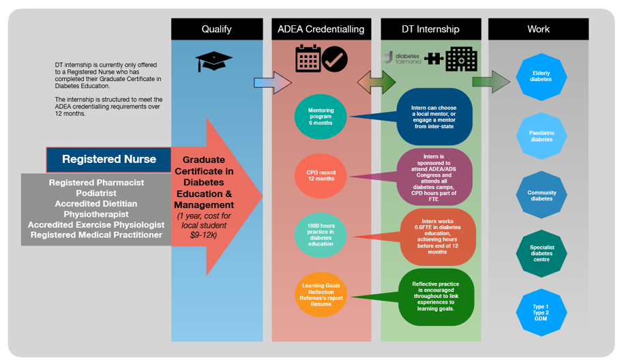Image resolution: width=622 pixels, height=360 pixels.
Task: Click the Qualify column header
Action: pos(216,29)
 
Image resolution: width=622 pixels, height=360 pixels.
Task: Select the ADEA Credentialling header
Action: pos(321,29)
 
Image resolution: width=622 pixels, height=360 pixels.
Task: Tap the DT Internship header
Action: pos(430,29)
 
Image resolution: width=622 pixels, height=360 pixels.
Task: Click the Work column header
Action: pos(538,29)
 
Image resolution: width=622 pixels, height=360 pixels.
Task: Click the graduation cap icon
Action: pos(214,61)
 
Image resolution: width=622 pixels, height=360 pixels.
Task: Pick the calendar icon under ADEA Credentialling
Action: pos(308,59)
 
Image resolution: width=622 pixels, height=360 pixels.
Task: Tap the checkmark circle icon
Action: pos(335,59)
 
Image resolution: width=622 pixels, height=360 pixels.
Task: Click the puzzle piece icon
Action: pos(433,59)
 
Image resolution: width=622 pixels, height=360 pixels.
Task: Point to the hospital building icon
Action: pos(461,59)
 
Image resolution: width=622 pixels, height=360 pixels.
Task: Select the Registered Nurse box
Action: pos(109,160)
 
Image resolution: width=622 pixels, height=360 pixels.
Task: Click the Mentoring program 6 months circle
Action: pos(321,117)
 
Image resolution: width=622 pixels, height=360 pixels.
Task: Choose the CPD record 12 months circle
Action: pos(321,176)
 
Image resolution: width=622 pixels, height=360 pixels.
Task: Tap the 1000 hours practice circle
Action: pos(321,235)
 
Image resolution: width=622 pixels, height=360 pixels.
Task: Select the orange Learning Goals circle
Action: pos(321,295)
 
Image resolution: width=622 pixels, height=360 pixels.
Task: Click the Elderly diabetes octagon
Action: pos(541,76)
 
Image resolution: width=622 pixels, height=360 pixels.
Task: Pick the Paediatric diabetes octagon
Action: pos(541,136)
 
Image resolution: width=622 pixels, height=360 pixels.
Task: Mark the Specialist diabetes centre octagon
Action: pos(541,253)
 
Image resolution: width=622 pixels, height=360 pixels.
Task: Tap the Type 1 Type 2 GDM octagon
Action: pos(541,313)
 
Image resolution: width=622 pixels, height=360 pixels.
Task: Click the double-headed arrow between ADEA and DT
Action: pos(376,82)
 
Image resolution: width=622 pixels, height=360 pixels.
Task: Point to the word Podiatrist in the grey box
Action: pos(96,193)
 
